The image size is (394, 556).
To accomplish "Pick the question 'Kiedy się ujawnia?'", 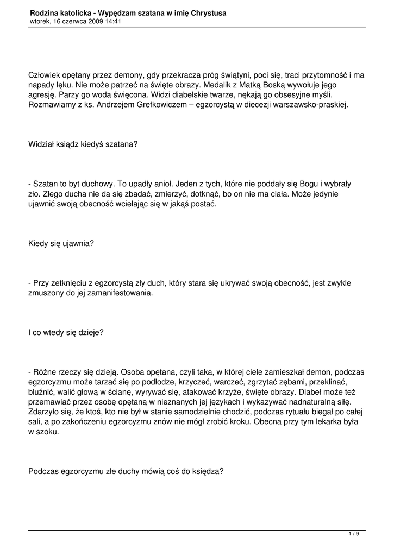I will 61,243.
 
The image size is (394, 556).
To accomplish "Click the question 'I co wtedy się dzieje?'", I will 65,333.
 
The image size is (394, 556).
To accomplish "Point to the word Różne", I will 46,372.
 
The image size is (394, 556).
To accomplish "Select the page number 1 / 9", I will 354,534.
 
